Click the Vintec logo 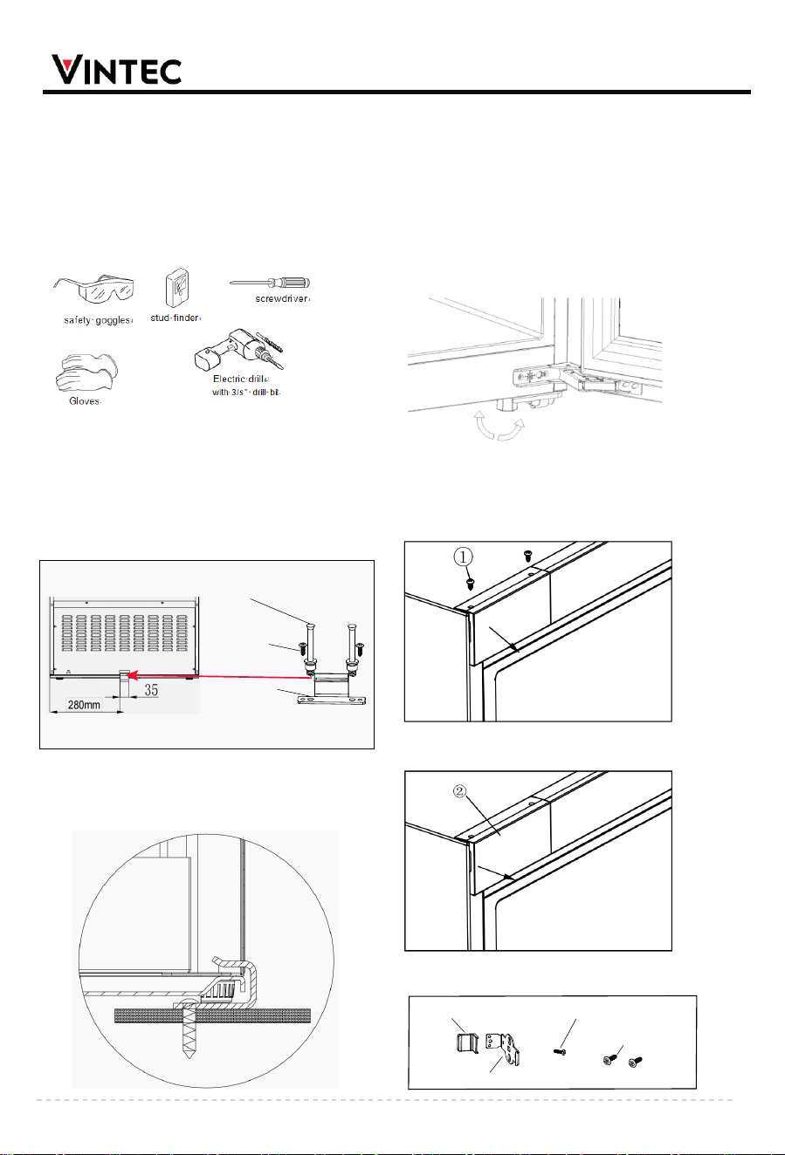pos(117,70)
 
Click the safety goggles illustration pos(94,290)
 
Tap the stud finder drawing pos(176,288)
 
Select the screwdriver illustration pos(270,283)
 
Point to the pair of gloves pos(86,372)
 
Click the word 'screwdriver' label pos(282,298)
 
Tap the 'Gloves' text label pos(85,401)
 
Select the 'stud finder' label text pos(175,318)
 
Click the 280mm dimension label pos(84,704)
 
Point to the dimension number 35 pos(151,690)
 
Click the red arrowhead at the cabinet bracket pos(132,675)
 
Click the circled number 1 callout pos(463,557)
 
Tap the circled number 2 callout pos(459,791)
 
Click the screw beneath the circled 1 pos(470,584)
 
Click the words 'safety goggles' pos(97,320)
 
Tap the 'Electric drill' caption pos(239,379)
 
